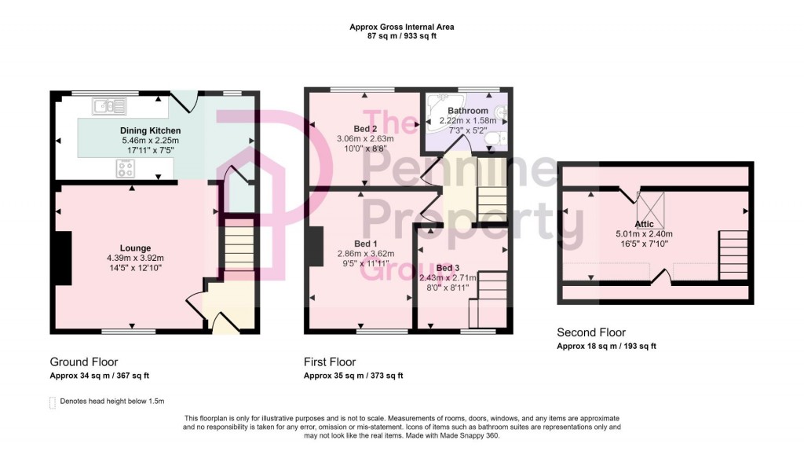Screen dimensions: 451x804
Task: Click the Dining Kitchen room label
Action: pyautogui.click(x=150, y=130)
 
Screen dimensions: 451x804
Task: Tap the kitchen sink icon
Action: pyautogui.click(x=104, y=104)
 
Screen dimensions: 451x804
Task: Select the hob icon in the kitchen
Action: pyautogui.click(x=126, y=167)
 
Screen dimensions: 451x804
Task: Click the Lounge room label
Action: pyautogui.click(x=136, y=248)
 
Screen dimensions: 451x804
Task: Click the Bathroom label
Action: pyautogui.click(x=468, y=112)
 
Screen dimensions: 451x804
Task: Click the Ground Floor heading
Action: pyautogui.click(x=84, y=362)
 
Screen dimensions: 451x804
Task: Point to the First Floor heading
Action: pyautogui.click(x=330, y=362)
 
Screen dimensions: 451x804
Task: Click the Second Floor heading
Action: pyautogui.click(x=591, y=332)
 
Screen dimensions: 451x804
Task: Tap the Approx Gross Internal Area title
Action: pyautogui.click(x=401, y=27)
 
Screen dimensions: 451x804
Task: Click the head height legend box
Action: pyautogui.click(x=53, y=402)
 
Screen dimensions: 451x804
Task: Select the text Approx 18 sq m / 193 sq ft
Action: pyautogui.click(x=606, y=346)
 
